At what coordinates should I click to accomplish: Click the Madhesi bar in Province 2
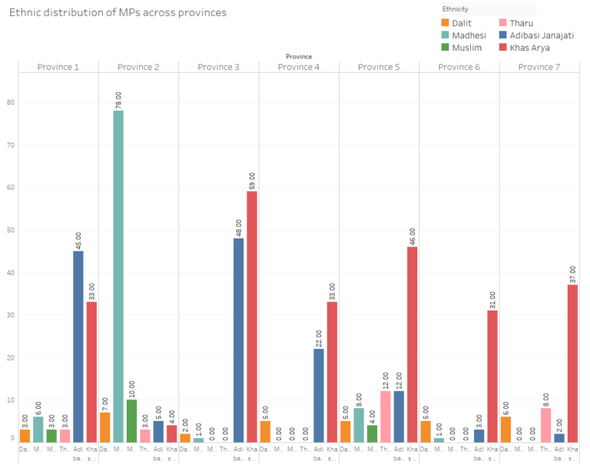(x=118, y=277)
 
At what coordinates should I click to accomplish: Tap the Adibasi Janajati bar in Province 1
(x=78, y=347)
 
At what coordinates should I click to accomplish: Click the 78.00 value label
(x=118, y=99)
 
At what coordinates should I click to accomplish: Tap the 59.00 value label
(x=252, y=180)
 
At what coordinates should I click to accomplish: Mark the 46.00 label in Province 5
(x=413, y=235)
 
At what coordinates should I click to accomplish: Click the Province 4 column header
(x=296, y=67)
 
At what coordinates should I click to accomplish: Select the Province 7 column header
(x=536, y=67)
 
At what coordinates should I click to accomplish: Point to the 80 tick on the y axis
(x=11, y=102)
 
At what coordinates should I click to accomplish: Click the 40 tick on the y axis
(x=11, y=273)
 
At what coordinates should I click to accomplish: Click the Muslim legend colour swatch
(x=446, y=48)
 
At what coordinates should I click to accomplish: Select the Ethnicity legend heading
(x=455, y=9)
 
